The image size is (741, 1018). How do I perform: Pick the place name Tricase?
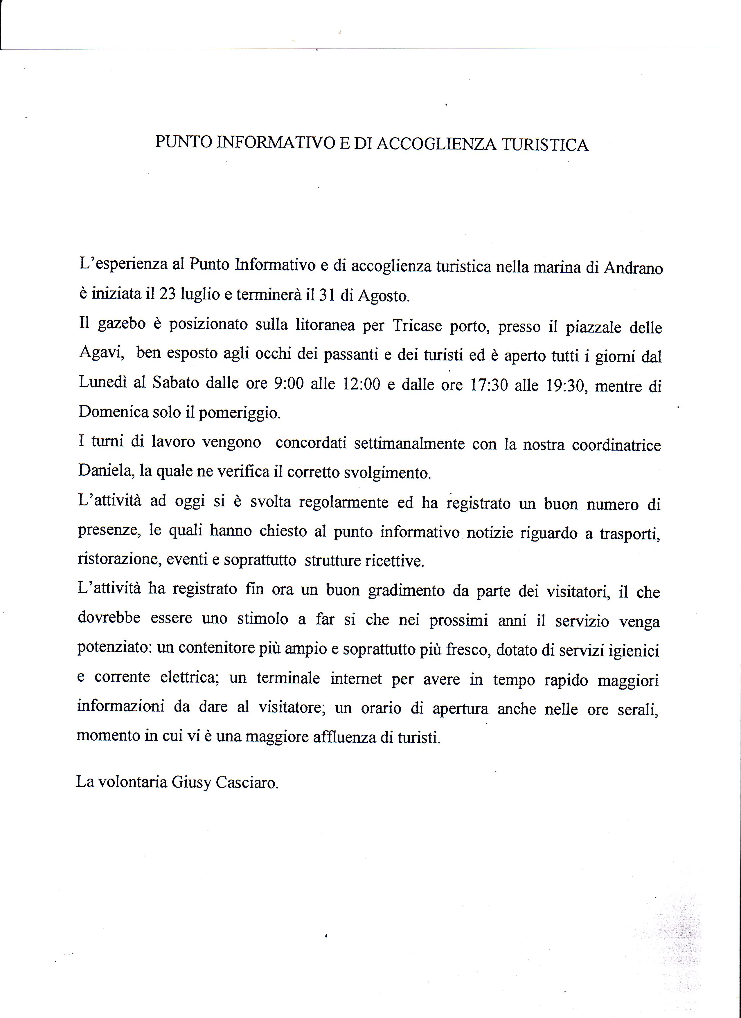417,325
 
